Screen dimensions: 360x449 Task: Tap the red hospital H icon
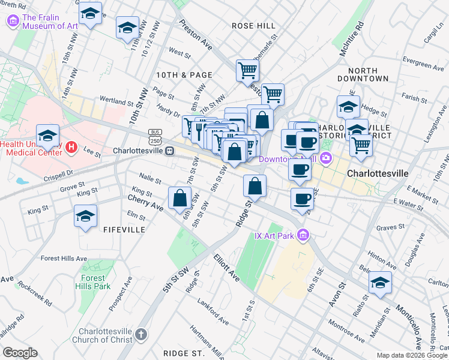pos(71,146)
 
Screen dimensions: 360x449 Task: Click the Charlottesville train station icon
pos(170,151)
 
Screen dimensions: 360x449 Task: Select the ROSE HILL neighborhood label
pos(253,26)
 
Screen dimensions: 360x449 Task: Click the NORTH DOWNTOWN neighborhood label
pos(363,74)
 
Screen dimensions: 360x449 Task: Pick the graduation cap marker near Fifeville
pos(85,216)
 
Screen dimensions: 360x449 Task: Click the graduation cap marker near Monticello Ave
pos(380,281)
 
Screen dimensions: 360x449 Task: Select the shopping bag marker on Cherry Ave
pos(180,198)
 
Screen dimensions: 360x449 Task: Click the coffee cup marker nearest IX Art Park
pos(302,199)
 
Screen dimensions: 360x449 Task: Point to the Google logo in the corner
pos(20,352)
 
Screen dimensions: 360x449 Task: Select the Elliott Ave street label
pos(226,268)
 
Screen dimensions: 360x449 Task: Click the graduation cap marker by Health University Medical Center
pos(48,135)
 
